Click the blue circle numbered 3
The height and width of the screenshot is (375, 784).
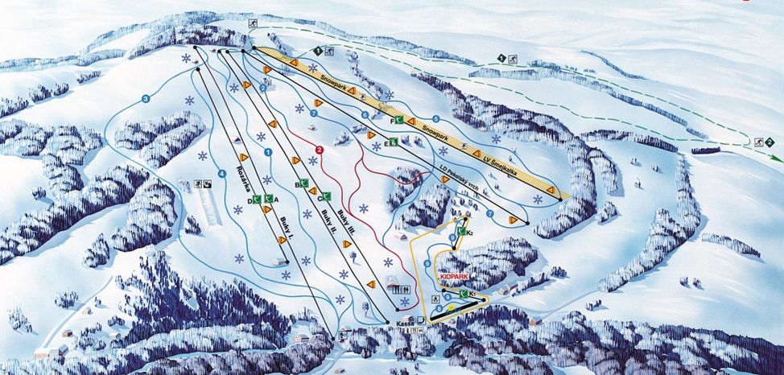click(x=146, y=99)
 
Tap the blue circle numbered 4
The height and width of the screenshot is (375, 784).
click(x=221, y=172)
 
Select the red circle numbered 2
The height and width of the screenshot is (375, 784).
click(x=320, y=150)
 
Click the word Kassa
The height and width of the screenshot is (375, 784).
click(x=403, y=322)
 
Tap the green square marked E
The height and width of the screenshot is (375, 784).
click(x=394, y=143)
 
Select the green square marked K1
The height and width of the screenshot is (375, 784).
click(x=464, y=294)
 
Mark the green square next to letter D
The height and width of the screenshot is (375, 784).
click(x=258, y=199)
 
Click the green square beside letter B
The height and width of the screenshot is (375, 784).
click(x=304, y=184)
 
